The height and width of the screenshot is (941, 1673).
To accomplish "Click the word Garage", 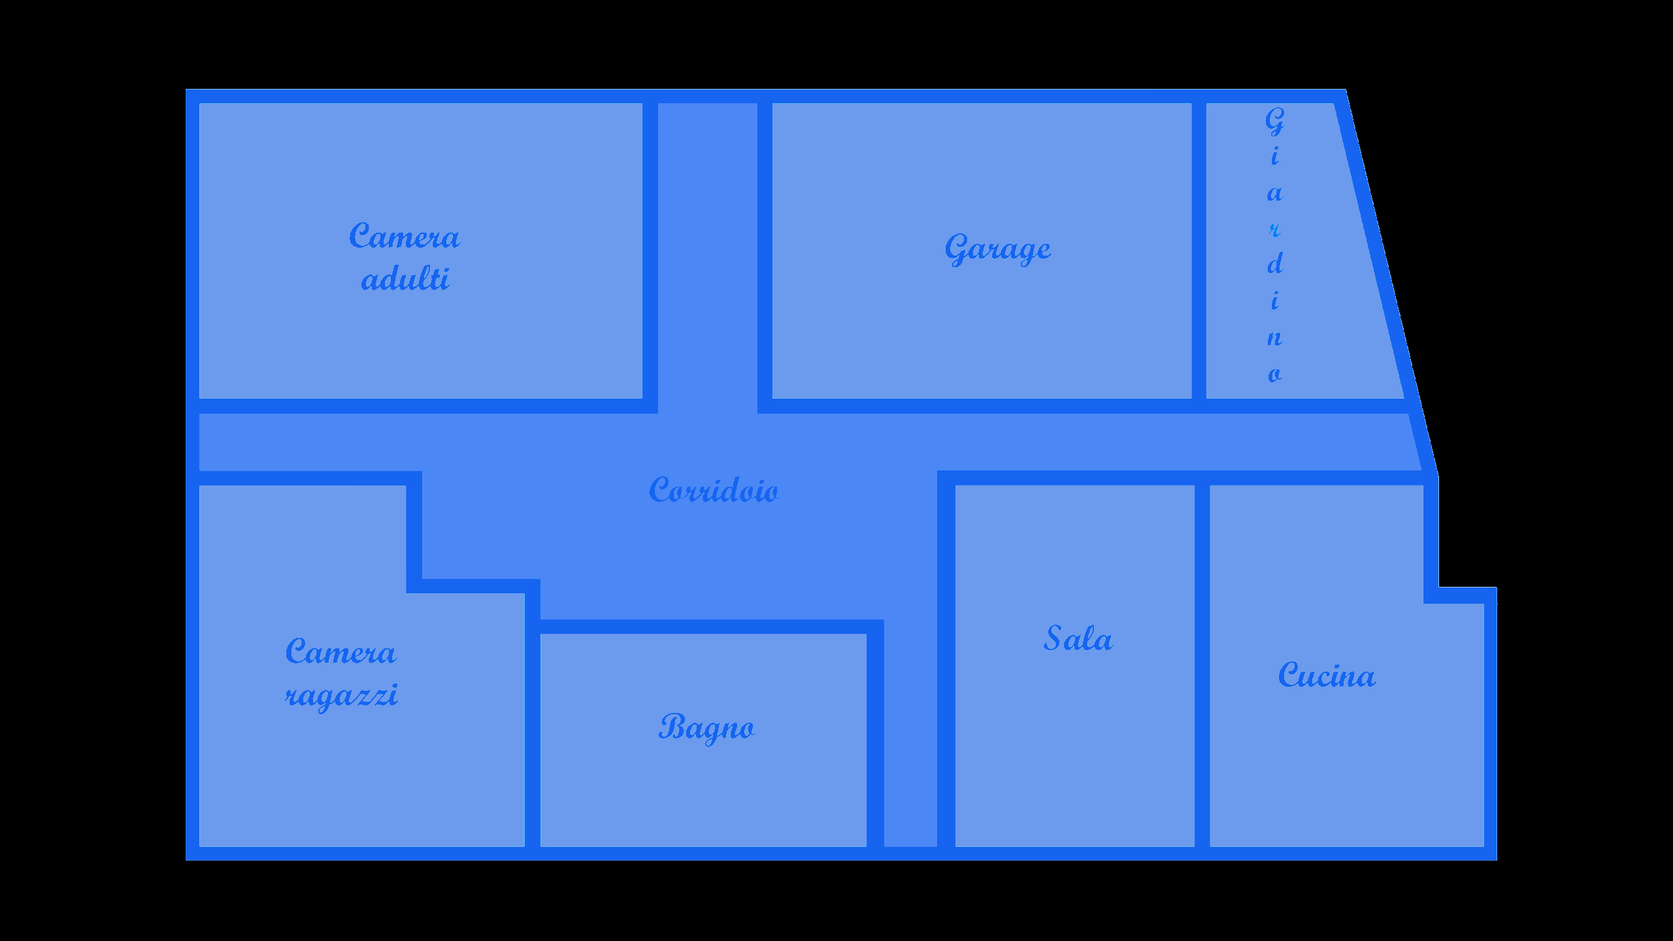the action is point(998,249).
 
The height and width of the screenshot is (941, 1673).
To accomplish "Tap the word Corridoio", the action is point(714,489).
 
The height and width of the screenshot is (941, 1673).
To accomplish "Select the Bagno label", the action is point(706,727).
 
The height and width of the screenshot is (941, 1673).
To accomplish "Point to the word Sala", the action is point(1078,638).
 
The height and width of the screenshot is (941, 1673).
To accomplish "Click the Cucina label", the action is point(1327,674).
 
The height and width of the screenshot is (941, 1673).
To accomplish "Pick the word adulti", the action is point(405,279).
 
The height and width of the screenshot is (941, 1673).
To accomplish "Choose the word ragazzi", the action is point(341,695).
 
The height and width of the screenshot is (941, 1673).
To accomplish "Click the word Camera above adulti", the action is point(405,235).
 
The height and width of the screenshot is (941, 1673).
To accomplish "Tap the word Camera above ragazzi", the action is point(340,651).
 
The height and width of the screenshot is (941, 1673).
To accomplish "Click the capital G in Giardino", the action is point(1274,122).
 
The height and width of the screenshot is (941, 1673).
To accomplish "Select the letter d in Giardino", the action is point(1275,263).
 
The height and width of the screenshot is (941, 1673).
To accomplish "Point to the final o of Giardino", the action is point(1275,375).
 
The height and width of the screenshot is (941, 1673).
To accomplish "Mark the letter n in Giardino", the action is point(1275,338).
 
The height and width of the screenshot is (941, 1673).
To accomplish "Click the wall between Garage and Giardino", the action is point(1199,251).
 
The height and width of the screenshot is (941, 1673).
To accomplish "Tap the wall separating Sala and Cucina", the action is point(1202,666).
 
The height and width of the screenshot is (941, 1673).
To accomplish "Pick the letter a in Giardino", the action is point(1275,193).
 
